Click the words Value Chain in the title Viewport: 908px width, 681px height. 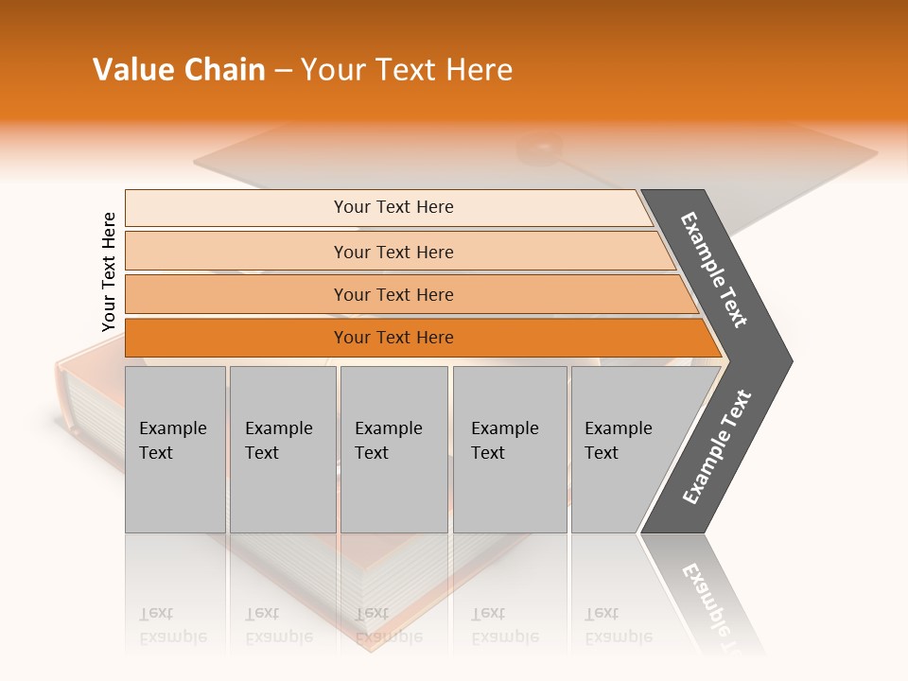179,70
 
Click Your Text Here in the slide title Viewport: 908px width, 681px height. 407,70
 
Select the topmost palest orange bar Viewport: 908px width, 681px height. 236,207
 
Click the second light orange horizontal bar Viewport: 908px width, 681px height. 236,252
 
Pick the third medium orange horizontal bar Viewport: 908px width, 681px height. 236,294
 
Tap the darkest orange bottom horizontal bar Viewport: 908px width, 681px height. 236,338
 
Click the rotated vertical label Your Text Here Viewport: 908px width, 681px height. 109,271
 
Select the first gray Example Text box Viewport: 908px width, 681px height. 175,449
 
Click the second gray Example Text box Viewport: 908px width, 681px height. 283,449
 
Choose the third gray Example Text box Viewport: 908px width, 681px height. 393,449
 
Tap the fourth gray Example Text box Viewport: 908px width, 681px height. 510,449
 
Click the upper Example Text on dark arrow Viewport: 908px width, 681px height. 714,270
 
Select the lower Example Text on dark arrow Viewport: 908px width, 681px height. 717,447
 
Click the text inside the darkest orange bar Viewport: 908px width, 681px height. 393,338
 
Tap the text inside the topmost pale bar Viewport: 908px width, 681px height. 393,207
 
